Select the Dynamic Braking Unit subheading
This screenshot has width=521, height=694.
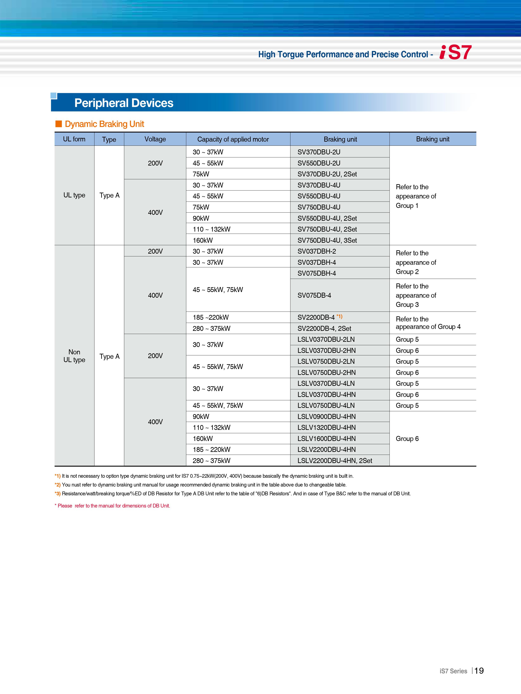coord(104,124)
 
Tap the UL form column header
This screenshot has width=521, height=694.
coord(74,139)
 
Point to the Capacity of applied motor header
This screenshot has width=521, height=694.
coord(233,139)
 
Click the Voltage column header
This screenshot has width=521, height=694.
coord(155,139)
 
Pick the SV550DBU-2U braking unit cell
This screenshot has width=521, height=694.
coord(319,163)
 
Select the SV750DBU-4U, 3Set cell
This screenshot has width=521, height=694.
coord(327,240)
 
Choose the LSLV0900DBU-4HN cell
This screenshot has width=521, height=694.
coord(327,417)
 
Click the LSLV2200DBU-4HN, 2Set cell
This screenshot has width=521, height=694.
coord(335,460)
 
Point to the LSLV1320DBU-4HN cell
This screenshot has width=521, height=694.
coord(327,428)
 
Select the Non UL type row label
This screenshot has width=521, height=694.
coord(74,356)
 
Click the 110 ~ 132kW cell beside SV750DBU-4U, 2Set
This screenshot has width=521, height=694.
coord(211,229)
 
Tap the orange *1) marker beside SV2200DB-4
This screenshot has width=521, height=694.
coord(339,316)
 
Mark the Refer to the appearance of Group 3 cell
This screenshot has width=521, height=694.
coord(416,295)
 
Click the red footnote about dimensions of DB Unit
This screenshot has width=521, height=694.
coord(112,506)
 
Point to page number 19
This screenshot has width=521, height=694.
coord(479,671)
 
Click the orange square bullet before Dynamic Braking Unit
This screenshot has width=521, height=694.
coord(58,124)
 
